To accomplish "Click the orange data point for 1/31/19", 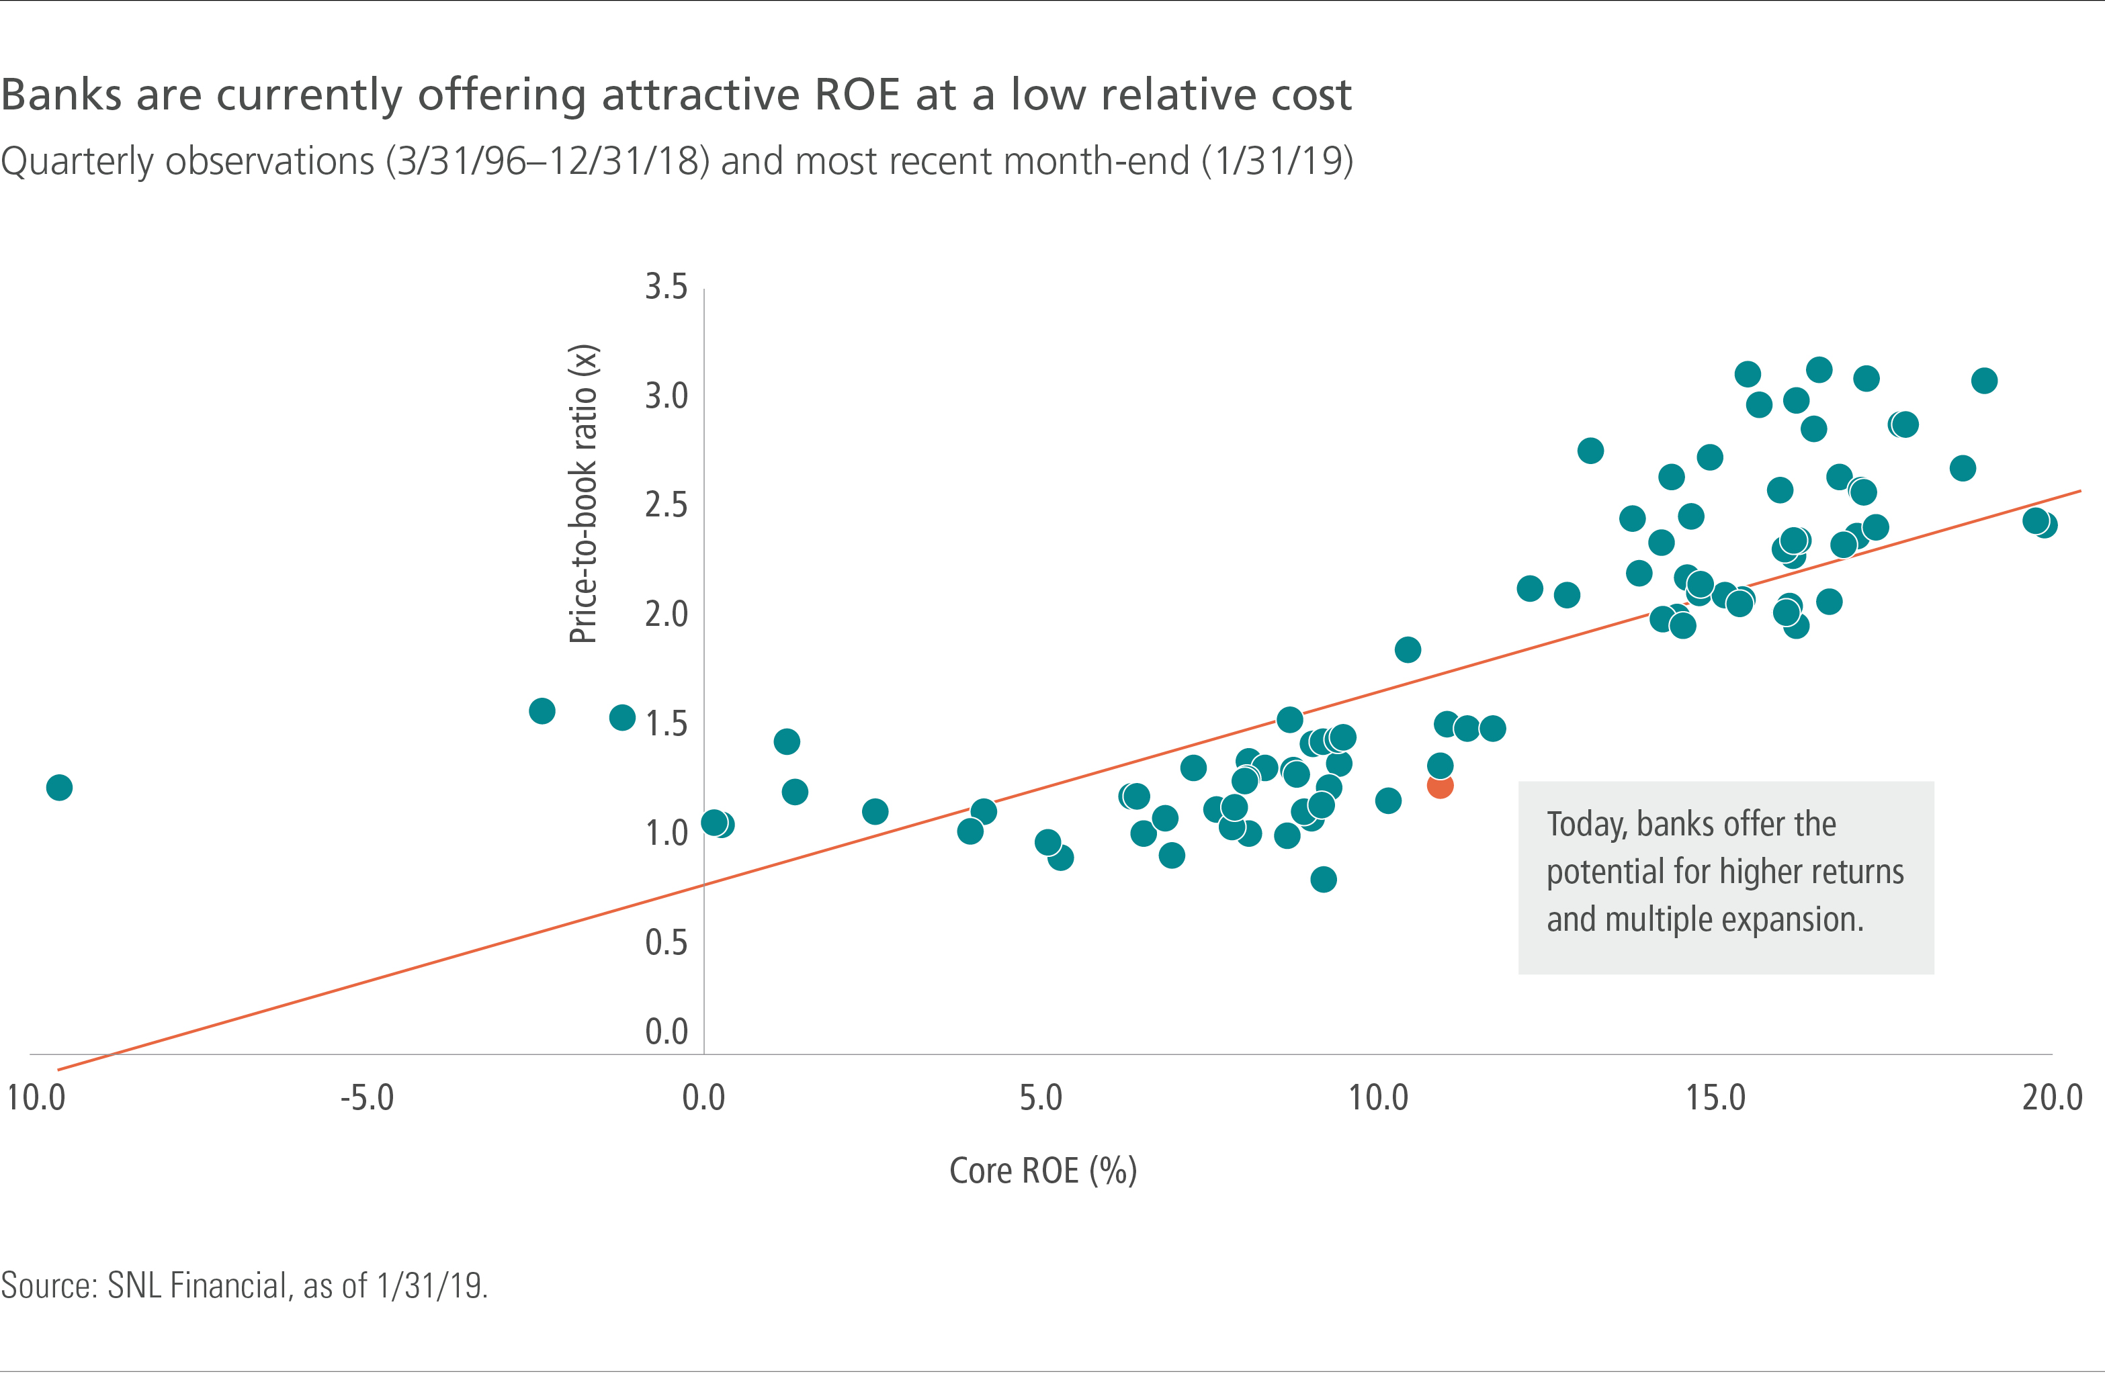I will pos(1440,785).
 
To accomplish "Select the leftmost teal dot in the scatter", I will pos(59,787).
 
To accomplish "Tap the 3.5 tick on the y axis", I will pos(666,287).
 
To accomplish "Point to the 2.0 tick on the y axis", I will pos(666,614).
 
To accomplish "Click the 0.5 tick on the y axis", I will pos(666,942).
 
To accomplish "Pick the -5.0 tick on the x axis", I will pos(367,1098).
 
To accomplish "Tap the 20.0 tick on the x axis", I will pos(2052,1098).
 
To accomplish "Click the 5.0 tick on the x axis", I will pos(1040,1098).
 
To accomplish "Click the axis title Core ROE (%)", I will pos(1043,1171).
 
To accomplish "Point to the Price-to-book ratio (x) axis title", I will pos(584,494).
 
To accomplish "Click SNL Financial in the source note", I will pos(198,1285).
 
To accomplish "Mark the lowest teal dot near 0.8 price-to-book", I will pos(1323,879).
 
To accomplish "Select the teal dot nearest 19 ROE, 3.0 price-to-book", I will pos(1984,380).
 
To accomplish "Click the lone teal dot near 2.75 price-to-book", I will pos(1590,451).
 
